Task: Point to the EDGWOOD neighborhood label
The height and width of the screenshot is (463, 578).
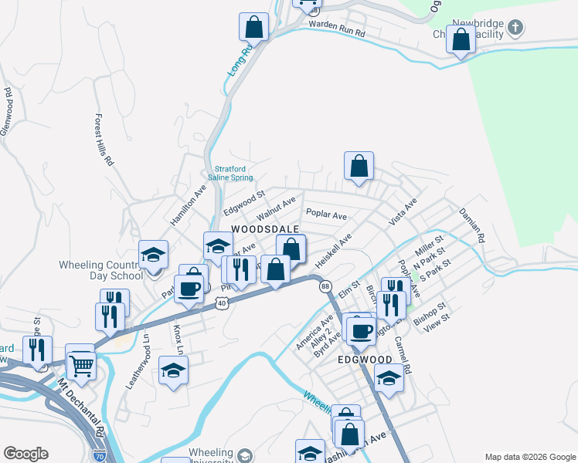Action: pyautogui.click(x=365, y=360)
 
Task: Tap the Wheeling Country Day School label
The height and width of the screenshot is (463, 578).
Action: pyautogui.click(x=100, y=270)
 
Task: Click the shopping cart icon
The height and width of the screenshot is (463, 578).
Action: pyautogui.click(x=80, y=365)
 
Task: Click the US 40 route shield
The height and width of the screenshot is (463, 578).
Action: pyautogui.click(x=222, y=305)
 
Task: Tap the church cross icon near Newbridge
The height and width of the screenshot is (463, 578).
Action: pyautogui.click(x=515, y=30)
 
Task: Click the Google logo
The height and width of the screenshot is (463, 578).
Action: pyautogui.click(x=25, y=454)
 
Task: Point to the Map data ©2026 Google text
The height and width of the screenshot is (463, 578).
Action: pyautogui.click(x=529, y=457)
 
